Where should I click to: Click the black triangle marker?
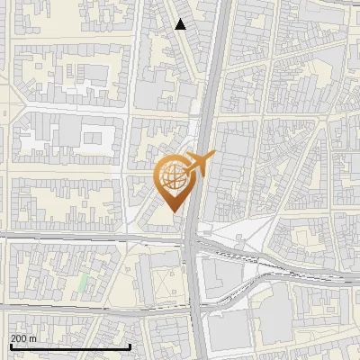[181, 24]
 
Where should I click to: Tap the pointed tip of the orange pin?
[173, 211]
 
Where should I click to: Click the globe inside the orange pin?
[173, 176]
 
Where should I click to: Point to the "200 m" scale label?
[24, 338]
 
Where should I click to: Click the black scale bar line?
[70, 346]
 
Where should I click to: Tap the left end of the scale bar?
[10, 346]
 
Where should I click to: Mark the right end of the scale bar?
[130, 346]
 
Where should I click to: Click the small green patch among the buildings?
[83, 283]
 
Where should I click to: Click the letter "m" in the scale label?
[34, 338]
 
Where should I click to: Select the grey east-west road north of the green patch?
[90, 238]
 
